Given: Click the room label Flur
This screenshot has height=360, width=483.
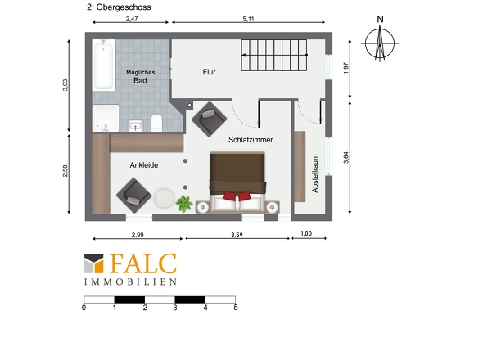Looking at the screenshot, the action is tap(209, 72).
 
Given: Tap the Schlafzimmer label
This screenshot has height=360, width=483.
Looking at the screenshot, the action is tap(251, 140).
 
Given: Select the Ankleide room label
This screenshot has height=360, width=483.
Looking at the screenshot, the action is tap(144, 165).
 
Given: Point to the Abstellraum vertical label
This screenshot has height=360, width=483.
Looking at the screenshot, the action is tap(315, 173).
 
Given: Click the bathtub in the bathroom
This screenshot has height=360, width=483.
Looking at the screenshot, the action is tap(103, 65).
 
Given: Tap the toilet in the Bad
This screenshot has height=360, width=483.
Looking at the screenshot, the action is tap(157, 123).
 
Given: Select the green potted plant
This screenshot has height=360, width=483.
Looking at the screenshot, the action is tap(184, 204).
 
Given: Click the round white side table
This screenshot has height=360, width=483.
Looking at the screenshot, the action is tap(164, 198).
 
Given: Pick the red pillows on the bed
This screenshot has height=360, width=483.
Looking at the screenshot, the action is tap(237, 196).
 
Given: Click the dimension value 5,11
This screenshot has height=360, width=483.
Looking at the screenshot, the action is tap(248, 19).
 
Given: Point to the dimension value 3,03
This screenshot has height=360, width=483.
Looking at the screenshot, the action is tap(65, 85).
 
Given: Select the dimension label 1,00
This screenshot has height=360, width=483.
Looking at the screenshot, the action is tap(306, 233).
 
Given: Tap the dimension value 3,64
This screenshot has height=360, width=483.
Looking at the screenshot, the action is tap(346, 157).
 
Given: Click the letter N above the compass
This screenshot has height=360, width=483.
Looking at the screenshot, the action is tap(380, 20).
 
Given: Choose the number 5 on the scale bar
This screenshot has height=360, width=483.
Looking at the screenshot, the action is tap(236, 308).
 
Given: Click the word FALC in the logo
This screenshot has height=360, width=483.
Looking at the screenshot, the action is tap(143, 263).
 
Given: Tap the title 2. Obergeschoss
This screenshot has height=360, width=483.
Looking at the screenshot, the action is tap(119, 7).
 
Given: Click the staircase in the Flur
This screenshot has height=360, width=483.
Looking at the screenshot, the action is tap(274, 55).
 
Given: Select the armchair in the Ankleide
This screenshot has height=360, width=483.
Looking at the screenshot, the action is tap(134, 196).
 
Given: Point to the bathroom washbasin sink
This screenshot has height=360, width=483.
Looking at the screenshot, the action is tap(136, 126).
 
